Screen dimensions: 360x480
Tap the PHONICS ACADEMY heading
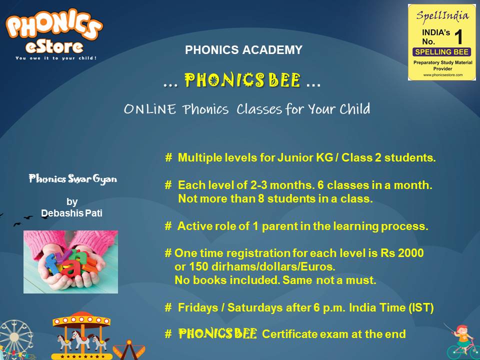coord(243,50)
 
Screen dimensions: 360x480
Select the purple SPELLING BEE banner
coord(442,51)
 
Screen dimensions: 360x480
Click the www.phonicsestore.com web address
coord(442,74)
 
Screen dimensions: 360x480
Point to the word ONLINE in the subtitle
coord(149,109)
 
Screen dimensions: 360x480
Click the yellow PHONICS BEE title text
coord(243,80)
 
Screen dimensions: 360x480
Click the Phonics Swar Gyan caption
coord(72,178)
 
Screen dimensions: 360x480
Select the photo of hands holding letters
coord(70,261)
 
